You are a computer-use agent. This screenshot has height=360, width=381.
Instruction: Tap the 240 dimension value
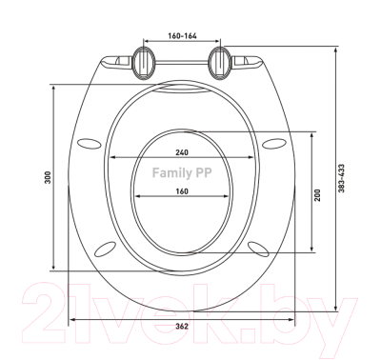(x=181, y=152)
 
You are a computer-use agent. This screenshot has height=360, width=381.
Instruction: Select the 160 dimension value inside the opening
(x=181, y=190)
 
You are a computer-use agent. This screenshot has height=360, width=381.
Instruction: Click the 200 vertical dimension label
(x=318, y=191)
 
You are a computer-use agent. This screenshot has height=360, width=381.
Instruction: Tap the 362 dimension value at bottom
(x=181, y=327)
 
